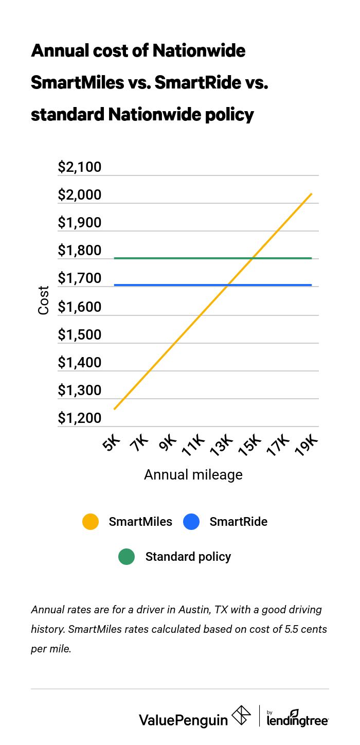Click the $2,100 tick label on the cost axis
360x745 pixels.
coord(80,167)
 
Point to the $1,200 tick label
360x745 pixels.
coord(80,418)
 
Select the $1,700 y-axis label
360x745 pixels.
coord(80,279)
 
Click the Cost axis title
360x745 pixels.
coord(44,300)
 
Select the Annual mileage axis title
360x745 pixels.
coord(193,474)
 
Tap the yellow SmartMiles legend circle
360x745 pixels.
coord(91,522)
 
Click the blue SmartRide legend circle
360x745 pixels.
coord(191,522)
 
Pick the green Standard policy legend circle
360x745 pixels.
coord(127,557)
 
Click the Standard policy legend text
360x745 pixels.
coord(188,557)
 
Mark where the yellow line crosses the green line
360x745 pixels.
coord(253,258)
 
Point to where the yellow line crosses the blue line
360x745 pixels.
coord(228,285)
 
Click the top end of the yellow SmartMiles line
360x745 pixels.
coord(311,194)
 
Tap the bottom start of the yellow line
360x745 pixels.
coord(115,409)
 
